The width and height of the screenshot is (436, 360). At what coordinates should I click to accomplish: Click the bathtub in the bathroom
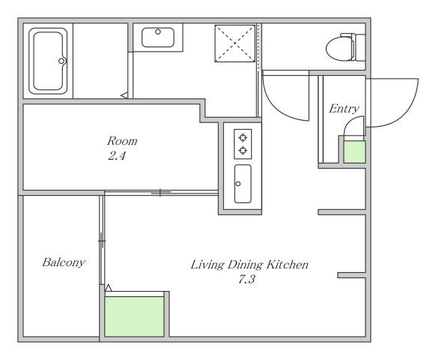[48, 61]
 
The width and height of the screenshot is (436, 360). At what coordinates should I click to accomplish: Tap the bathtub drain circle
[61, 61]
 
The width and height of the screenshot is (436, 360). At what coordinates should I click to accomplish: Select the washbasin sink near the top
[158, 37]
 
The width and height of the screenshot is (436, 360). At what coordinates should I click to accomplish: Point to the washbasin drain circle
[158, 31]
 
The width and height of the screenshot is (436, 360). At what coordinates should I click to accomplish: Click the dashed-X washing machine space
[235, 43]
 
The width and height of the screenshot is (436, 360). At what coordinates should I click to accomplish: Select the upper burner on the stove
[243, 137]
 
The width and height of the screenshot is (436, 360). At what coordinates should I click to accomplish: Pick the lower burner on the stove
[243, 151]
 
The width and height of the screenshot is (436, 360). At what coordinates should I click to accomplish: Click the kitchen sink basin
[243, 184]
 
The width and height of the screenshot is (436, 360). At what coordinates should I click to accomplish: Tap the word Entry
[345, 109]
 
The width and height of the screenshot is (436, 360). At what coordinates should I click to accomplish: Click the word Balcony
[64, 262]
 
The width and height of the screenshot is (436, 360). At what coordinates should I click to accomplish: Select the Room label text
[122, 141]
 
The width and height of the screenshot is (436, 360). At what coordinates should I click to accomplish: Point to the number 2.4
[117, 156]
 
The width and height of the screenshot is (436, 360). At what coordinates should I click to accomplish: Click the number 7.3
[246, 279]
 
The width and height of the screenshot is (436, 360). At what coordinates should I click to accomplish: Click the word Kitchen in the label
[288, 264]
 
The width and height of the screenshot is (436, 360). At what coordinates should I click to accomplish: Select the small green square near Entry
[354, 151]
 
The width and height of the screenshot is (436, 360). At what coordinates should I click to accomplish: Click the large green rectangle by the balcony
[134, 316]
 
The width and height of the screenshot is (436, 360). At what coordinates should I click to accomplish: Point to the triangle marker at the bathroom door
[125, 95]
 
